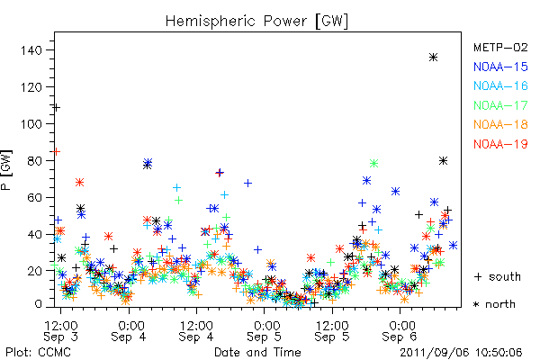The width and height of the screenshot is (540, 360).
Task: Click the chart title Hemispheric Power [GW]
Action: coord(256,22)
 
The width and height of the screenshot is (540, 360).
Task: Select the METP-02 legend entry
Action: coord(500,47)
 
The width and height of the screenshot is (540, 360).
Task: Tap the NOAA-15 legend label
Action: coord(500,67)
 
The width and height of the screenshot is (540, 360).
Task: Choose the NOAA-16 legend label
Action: coord(500,85)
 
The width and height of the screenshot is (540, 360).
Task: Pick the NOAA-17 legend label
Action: coord(500,105)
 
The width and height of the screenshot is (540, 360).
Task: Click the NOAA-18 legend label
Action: coord(500,124)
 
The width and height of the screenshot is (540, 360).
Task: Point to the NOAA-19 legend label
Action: coord(500,144)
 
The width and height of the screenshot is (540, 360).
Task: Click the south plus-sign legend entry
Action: coord(498,276)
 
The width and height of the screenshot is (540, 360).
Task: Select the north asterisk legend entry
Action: coord(494,304)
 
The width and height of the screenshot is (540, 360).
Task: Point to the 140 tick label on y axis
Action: coord(31,50)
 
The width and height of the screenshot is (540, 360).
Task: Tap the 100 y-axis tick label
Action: coord(31,124)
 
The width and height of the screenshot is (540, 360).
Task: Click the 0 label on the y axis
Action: coord(38,304)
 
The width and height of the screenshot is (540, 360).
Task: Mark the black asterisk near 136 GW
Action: coord(433,58)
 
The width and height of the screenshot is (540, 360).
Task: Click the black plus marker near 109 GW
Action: coord(56,108)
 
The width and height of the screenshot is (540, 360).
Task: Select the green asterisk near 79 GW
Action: coord(374,163)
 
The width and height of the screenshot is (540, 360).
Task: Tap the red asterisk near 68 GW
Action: coord(79,182)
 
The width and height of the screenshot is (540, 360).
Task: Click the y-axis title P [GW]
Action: coord(6,170)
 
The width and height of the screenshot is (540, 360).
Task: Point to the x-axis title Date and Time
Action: coord(257,353)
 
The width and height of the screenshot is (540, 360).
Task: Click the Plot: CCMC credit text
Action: coord(38,353)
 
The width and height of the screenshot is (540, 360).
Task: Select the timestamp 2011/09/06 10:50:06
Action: coord(461,353)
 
